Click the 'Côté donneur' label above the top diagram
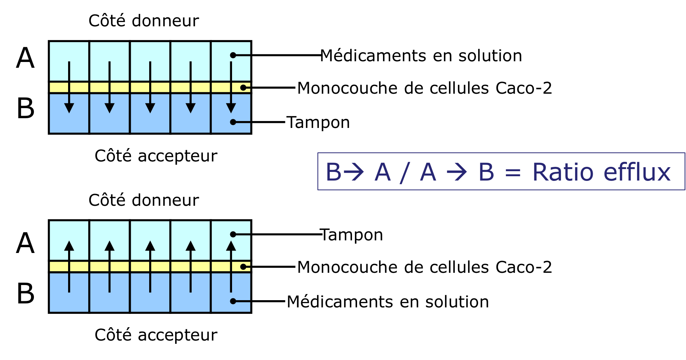coord(143,21)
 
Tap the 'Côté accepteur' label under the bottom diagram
coord(156,335)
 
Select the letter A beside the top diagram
coord(25,58)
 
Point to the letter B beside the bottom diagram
coord(26,294)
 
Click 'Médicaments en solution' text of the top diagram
coord(421,56)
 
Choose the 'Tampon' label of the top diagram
coord(318,123)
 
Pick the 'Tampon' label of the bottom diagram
coord(352,235)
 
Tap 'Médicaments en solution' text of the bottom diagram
coord(388,302)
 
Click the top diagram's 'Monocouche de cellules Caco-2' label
coord(424,88)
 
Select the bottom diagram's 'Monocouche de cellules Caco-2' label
coord(424,267)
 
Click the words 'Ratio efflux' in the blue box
coord(601,172)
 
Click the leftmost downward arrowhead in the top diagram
coord(69,108)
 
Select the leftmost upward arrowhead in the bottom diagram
coord(69,246)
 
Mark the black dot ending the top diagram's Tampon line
coord(233,122)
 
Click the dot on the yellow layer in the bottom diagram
coord(244,267)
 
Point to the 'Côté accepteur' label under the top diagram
coord(156,156)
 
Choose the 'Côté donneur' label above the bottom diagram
coord(143,200)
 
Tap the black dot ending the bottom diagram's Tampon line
coord(233,234)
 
